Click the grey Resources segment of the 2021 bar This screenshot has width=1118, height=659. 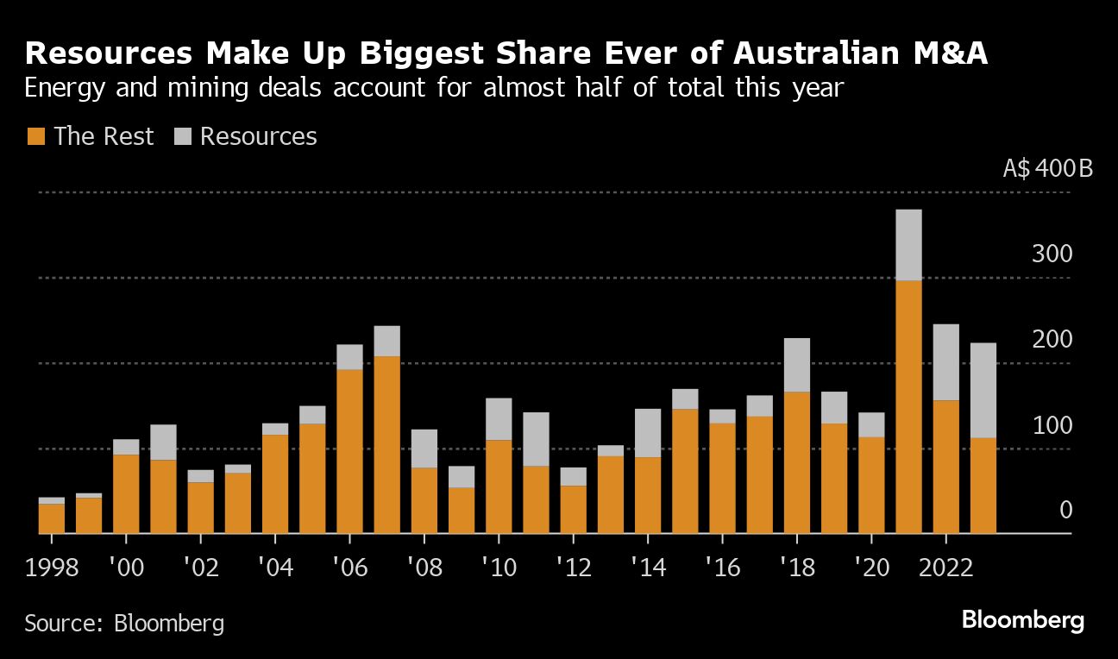[x=908, y=245]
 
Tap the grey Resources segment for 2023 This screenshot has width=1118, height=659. [x=983, y=391]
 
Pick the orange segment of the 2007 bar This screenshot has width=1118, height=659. [x=386, y=445]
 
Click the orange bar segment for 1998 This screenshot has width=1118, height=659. [x=52, y=518]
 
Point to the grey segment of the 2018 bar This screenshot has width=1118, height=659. [x=797, y=365]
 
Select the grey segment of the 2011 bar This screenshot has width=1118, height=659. [x=536, y=439]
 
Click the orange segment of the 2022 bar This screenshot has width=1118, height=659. [x=945, y=467]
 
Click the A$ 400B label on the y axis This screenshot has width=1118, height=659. [x=1047, y=167]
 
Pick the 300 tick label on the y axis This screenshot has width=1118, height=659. [x=1052, y=254]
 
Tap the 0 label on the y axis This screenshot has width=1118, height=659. [x=1065, y=511]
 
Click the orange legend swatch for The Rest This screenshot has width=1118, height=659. [x=35, y=136]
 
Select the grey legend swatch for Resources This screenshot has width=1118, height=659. [x=182, y=136]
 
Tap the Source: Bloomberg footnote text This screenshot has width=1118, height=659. [x=124, y=623]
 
